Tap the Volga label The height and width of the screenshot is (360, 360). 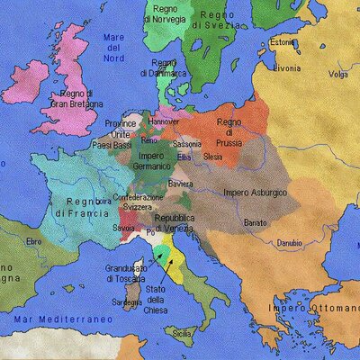[x=337, y=74]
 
